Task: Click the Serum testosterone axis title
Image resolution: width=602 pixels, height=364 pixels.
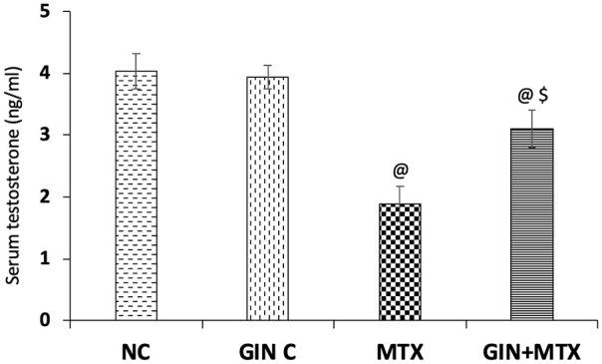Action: coord(16,170)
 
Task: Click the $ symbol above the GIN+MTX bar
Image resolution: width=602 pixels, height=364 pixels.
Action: coord(544,95)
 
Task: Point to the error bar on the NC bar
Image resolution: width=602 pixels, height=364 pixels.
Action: coord(137,71)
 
